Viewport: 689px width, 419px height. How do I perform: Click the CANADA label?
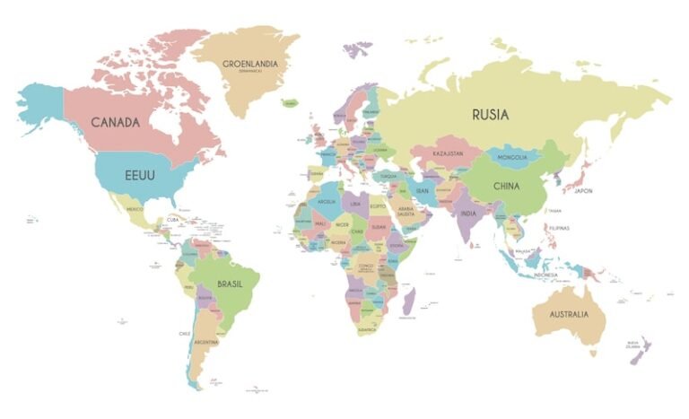pos(115,122)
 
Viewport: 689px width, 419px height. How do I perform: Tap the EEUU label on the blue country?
pos(139,175)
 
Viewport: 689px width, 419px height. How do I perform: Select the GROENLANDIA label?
pos(250,65)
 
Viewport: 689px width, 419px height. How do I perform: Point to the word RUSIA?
pos(490,115)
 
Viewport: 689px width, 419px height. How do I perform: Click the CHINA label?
pos(506,187)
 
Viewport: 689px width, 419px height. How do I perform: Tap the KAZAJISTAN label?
pos(448,154)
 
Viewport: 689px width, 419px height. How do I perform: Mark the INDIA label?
pos(468,214)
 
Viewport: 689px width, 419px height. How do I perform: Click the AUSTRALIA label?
pos(570,314)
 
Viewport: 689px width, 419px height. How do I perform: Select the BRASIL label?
pos(231,284)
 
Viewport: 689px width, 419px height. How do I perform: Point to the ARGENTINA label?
pos(206,343)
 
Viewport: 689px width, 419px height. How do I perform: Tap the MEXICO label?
pos(135,209)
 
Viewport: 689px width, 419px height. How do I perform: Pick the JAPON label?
pos(584,191)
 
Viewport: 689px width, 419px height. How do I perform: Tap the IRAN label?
pos(422,190)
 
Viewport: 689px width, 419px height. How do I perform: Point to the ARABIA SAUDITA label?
pos(406,212)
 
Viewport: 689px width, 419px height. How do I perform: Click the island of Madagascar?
pos(409,301)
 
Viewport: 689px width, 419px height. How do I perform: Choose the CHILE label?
pos(185,334)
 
